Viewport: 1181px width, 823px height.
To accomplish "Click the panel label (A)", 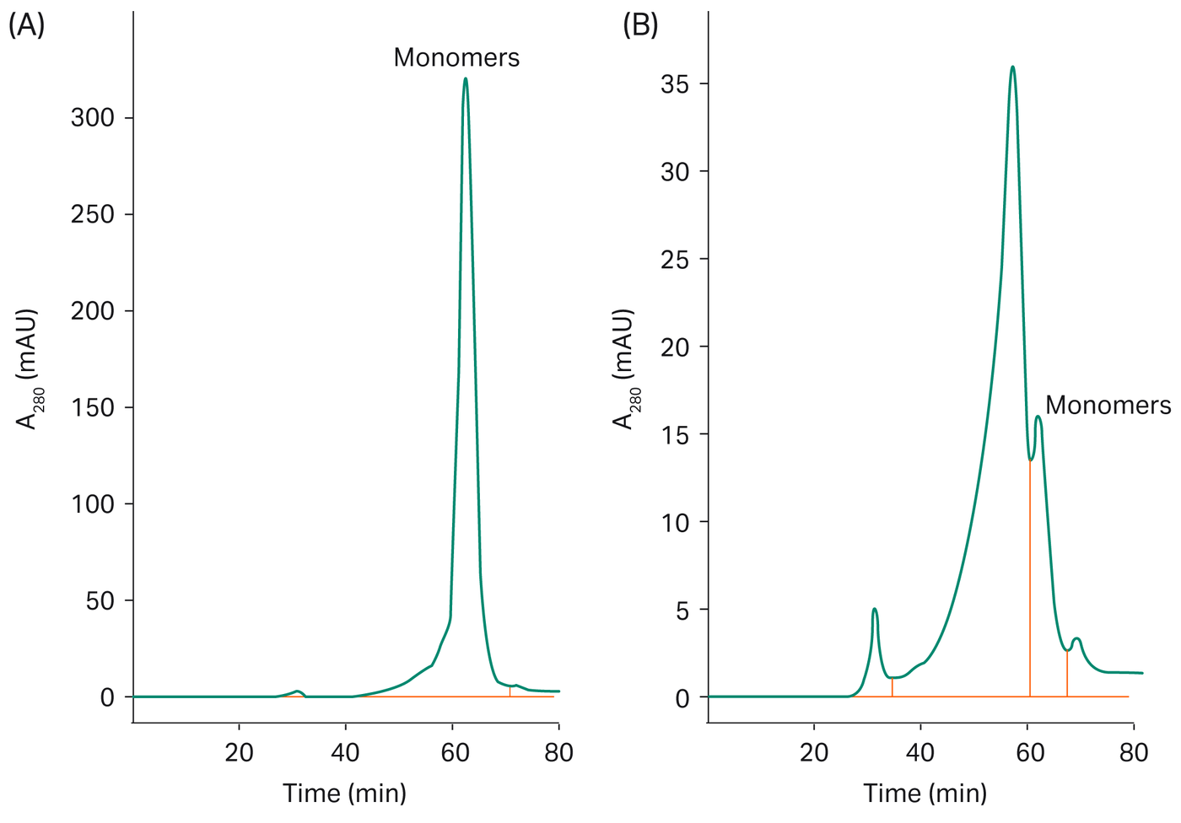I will (x=26, y=26).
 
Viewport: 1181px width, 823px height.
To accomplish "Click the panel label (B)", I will (x=640, y=26).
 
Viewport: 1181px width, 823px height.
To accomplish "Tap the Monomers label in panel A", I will (x=456, y=57).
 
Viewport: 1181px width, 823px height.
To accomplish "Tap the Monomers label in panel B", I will (x=1108, y=406).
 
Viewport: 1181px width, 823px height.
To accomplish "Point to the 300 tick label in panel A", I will (x=92, y=118).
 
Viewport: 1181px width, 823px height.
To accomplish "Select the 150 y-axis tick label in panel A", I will (x=92, y=408).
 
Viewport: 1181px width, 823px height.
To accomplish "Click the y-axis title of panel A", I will (x=30, y=369).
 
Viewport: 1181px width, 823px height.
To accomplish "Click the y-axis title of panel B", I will (x=625, y=369).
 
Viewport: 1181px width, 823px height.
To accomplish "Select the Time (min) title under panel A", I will (x=344, y=793).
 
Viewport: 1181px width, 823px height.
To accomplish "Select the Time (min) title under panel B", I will (x=925, y=793).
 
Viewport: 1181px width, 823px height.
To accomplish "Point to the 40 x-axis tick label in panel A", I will (x=345, y=752).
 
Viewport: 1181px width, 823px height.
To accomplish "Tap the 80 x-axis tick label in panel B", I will (x=1133, y=752).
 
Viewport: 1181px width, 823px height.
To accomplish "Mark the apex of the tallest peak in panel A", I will (x=466, y=79).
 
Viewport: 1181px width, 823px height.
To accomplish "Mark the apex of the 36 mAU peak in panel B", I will (x=1012, y=67).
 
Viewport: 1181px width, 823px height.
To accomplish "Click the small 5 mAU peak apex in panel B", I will (x=875, y=609).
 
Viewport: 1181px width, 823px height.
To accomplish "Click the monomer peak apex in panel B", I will (x=1038, y=417).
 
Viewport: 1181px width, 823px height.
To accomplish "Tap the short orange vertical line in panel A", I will (x=510, y=691).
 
